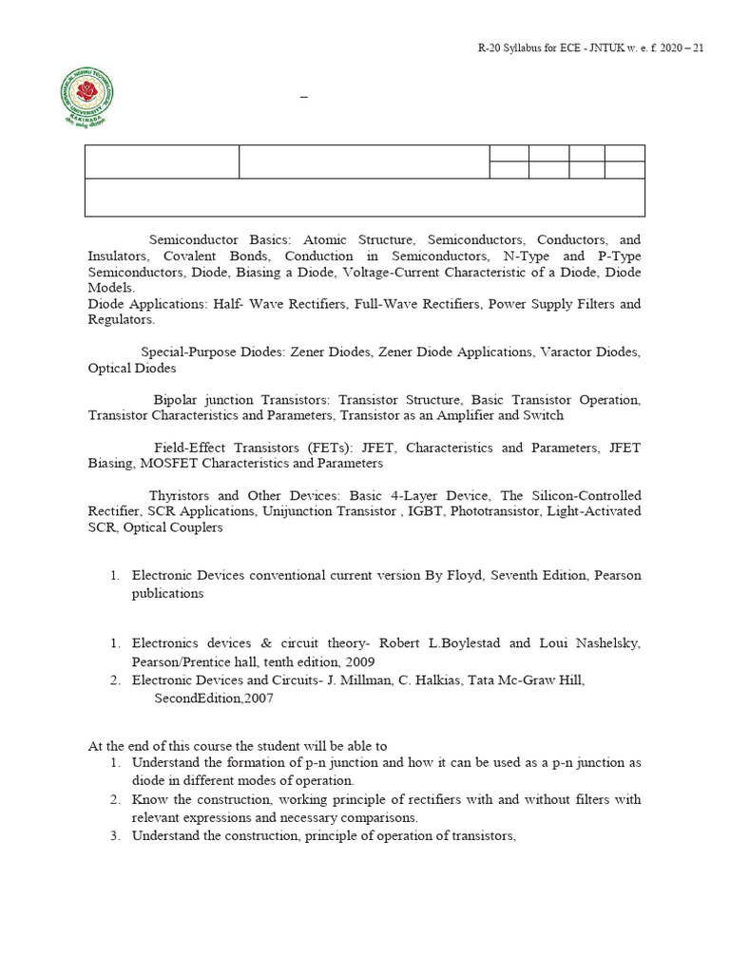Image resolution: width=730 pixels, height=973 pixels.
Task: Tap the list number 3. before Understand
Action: pyautogui.click(x=114, y=835)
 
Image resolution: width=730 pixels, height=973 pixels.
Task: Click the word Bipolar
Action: pyautogui.click(x=179, y=400)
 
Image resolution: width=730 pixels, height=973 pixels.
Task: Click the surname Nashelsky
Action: pyautogui.click(x=605, y=643)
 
